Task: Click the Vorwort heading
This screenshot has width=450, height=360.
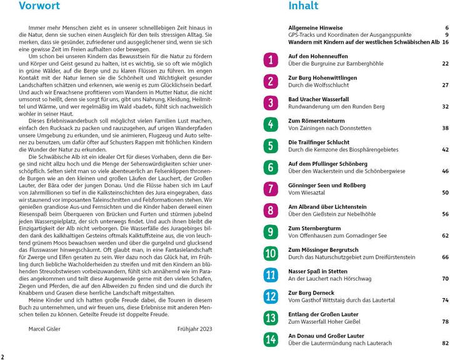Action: [x=39, y=7]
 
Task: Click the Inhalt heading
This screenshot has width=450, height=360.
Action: [x=303, y=7]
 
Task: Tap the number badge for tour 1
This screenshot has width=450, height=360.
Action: [x=270, y=60]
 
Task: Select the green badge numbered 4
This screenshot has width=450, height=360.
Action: [x=270, y=124]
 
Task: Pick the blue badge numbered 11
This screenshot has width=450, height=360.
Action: [x=270, y=274]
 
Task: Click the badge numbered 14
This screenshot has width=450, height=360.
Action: [x=270, y=339]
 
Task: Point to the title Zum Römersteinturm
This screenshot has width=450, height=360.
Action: [x=316, y=121]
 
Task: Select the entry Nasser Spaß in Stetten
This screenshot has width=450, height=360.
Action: [x=317, y=271]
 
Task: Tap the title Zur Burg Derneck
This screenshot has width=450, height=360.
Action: [x=311, y=292]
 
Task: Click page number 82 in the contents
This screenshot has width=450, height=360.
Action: [x=445, y=343]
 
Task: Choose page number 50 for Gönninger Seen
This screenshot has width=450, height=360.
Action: [x=445, y=193]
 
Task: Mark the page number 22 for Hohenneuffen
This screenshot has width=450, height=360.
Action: [x=445, y=64]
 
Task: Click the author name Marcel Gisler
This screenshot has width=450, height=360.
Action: [x=46, y=329]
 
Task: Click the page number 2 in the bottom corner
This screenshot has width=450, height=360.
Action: [x=3, y=354]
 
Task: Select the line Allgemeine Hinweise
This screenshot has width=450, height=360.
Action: [x=315, y=28]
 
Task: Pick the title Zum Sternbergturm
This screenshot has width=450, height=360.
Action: [x=314, y=228]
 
